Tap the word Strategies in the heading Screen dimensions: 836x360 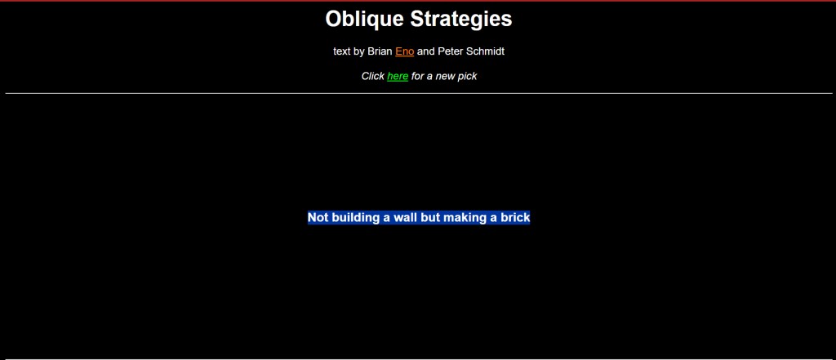click(x=461, y=20)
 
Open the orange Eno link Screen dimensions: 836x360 click(x=405, y=51)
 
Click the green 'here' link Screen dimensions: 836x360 click(x=398, y=76)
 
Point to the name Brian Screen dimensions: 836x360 click(x=380, y=51)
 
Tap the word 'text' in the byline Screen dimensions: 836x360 click(x=342, y=51)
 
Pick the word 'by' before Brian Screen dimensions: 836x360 click(x=359, y=52)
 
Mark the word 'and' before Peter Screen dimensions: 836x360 click(x=426, y=51)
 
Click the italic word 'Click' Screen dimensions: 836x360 click(x=372, y=76)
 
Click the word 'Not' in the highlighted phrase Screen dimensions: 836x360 click(x=318, y=218)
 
